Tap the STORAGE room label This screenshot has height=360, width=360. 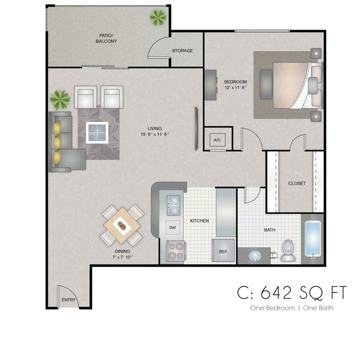point(182,51)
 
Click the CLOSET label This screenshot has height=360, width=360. point(296,183)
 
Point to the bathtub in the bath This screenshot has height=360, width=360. point(314,240)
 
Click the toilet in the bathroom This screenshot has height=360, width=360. point(287,250)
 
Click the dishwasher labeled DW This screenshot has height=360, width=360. point(172,228)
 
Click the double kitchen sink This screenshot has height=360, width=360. point(174,205)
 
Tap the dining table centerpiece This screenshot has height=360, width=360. point(122,224)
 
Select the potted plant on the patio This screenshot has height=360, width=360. point(158,17)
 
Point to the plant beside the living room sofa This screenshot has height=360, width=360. point(60,99)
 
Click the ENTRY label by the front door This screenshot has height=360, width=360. point(69,300)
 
